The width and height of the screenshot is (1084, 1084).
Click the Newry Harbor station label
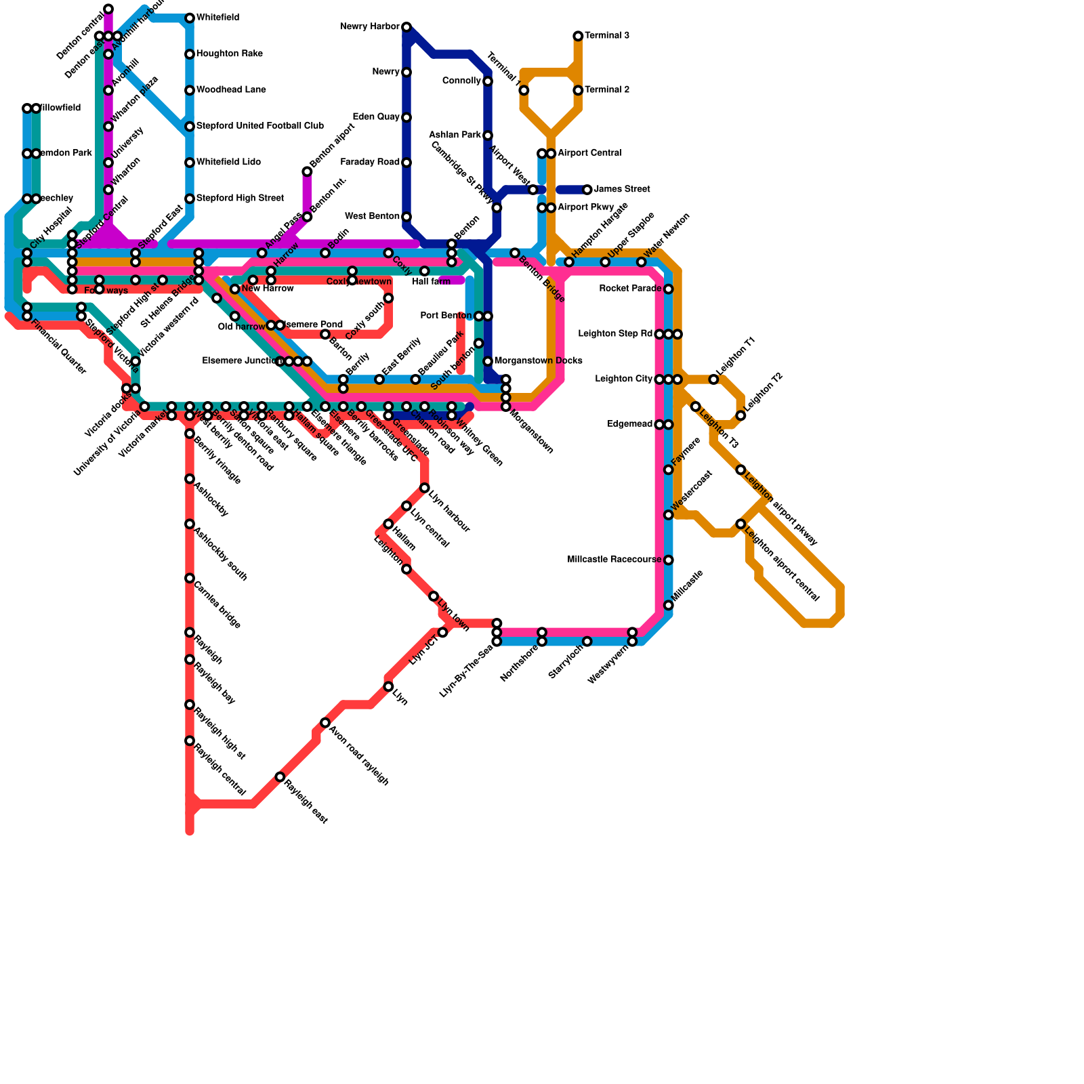tap(369, 27)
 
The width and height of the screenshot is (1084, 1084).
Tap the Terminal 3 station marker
tap(578, 36)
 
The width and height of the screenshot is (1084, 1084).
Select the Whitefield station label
tap(217, 18)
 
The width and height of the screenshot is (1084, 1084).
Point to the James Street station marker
tap(587, 190)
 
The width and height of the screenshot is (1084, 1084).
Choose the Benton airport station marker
tap(307, 171)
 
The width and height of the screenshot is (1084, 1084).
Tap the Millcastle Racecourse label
tap(614, 560)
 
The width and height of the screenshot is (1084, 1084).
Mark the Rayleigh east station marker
tap(280, 776)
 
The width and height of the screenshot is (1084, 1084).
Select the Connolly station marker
tap(488, 81)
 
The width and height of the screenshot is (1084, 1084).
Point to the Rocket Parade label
tap(630, 289)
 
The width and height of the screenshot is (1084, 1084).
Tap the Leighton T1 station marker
tap(713, 379)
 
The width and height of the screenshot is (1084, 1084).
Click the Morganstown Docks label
tap(538, 361)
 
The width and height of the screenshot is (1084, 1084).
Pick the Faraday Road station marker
tap(406, 163)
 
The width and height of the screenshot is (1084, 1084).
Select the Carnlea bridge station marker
tap(190, 578)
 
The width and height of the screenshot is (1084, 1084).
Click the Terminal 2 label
tap(607, 90)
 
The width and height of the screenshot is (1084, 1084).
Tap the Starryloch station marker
tap(587, 641)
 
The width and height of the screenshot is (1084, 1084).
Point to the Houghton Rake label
tap(229, 54)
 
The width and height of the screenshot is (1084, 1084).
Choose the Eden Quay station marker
tap(406, 117)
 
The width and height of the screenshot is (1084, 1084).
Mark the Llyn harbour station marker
tap(425, 488)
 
